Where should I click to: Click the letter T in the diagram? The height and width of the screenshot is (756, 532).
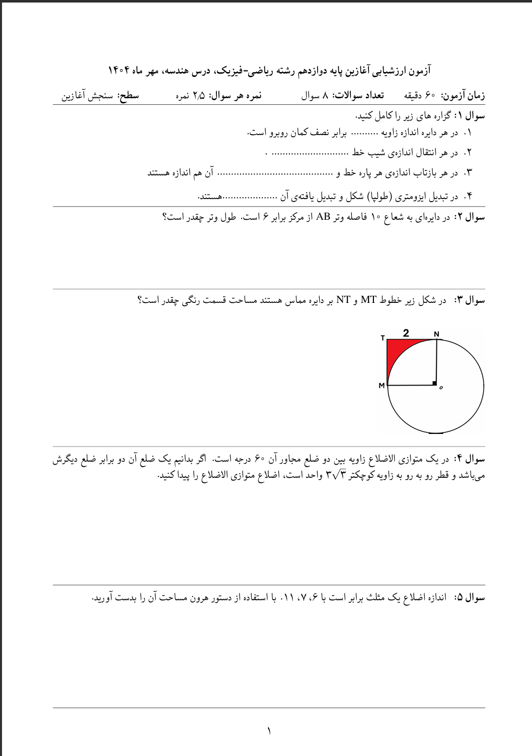(383, 338)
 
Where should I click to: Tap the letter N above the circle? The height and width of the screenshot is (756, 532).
(436, 334)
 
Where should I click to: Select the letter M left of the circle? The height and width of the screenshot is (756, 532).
(382, 386)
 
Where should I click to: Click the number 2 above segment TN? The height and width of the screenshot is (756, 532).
(406, 333)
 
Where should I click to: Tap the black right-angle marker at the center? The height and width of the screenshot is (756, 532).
(434, 384)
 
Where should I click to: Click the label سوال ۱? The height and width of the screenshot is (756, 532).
(470, 116)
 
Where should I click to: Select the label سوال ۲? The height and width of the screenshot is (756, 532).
(470, 217)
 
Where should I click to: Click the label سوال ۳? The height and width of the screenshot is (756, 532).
(470, 300)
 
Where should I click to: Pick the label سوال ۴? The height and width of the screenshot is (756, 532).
(470, 459)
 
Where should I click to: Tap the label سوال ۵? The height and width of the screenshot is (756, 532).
(470, 598)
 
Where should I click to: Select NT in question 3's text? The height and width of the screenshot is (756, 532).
(343, 300)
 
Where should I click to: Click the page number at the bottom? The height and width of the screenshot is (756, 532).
(269, 730)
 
